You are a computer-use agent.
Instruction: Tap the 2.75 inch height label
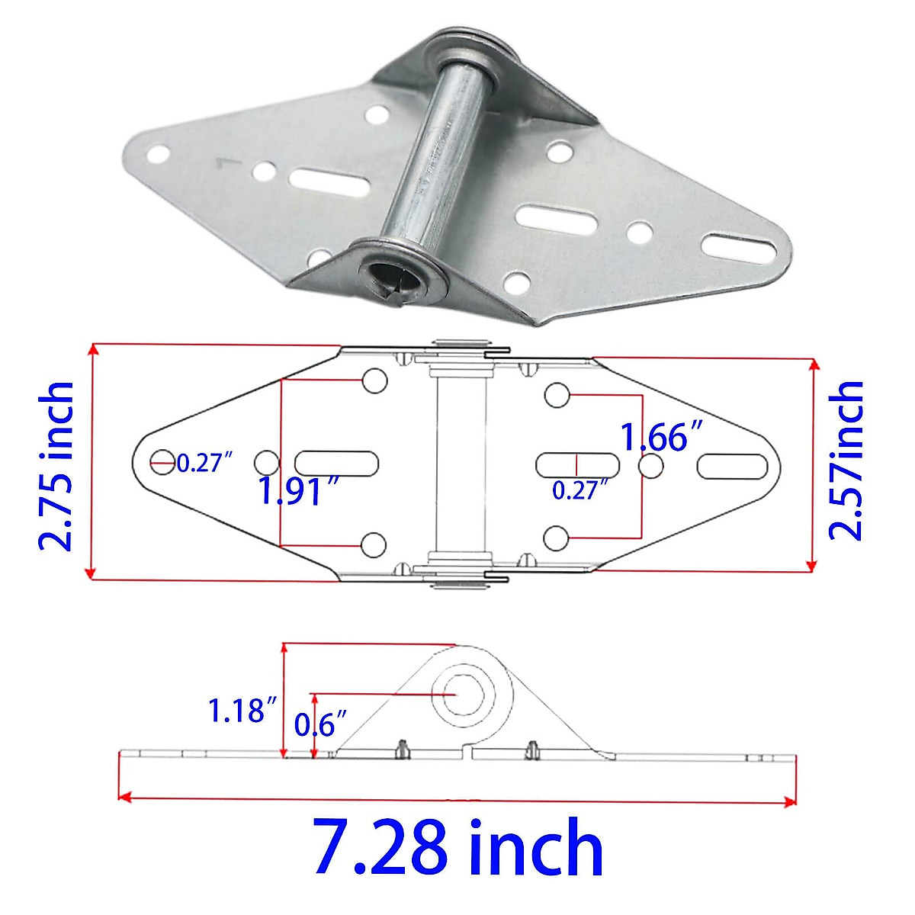[57, 465]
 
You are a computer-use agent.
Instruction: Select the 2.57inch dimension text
[846, 461]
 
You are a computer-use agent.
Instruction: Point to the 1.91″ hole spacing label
[297, 491]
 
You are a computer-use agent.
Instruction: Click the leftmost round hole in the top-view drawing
[162, 460]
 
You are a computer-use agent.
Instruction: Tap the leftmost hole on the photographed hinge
[158, 156]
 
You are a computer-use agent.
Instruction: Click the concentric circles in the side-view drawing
[463, 694]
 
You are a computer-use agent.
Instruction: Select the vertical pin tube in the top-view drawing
[461, 465]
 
